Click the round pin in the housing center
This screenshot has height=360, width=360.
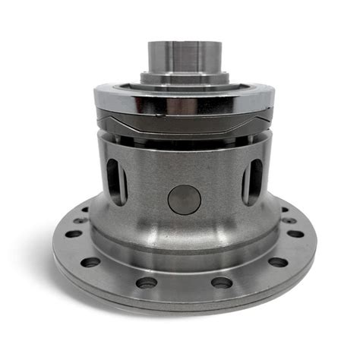point(185,200)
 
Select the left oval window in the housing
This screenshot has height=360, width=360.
point(116,182)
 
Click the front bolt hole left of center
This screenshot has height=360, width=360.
point(147,283)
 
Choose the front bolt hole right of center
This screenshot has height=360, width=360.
point(221,283)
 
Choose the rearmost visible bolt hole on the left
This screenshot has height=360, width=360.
point(84,210)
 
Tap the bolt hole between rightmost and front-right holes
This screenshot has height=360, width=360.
point(277,263)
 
